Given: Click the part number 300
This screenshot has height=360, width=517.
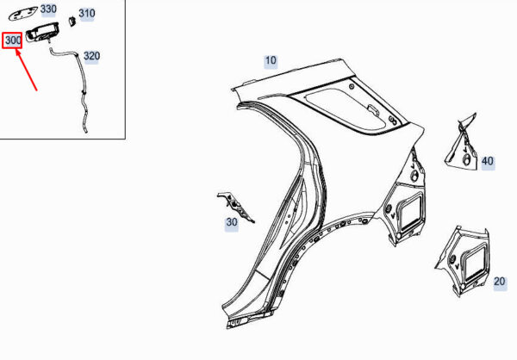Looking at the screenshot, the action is coord(13,40).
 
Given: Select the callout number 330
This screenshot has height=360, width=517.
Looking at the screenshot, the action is coord(48,9).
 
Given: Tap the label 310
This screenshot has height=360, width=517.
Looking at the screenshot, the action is coord(87,14).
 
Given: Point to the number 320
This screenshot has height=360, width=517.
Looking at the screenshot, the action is coord(91,56).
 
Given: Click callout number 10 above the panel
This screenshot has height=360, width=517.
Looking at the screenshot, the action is coord(271,60).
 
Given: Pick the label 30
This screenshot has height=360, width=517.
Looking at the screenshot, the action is coord(232,222).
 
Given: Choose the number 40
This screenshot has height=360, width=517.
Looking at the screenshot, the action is coord(488,162).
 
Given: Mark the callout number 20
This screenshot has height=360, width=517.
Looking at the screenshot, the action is coord(500,282).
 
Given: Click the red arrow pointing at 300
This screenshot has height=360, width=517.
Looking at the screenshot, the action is coord(26,71).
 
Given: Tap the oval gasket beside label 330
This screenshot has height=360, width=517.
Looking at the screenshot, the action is coord(22,16).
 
